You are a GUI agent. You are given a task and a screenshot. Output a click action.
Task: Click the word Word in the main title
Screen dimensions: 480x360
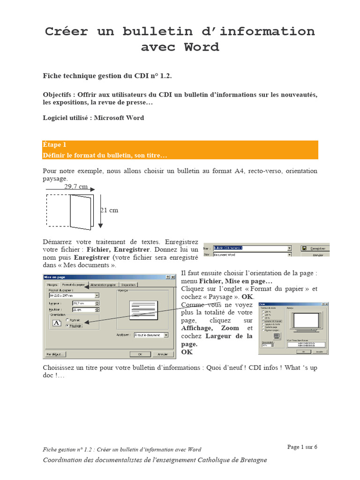[x=201, y=47]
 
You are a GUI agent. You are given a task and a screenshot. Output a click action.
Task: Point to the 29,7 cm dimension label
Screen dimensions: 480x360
[x=76, y=187]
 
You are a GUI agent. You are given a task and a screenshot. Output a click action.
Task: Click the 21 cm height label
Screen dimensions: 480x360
[x=109, y=210]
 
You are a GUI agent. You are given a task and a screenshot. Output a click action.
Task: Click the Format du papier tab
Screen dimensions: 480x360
[x=74, y=285]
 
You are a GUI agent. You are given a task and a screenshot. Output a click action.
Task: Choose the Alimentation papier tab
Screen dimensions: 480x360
[x=103, y=285]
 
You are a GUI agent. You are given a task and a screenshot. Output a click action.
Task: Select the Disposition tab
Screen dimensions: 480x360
[x=128, y=285]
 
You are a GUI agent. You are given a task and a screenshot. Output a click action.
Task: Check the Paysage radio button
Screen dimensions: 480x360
[x=67, y=326]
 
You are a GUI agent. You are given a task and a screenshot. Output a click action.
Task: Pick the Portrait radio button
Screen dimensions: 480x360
[x=67, y=320]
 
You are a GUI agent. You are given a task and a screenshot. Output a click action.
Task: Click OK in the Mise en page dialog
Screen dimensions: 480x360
[x=140, y=354]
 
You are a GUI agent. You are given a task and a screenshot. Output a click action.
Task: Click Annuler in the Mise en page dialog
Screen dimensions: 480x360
[x=162, y=354]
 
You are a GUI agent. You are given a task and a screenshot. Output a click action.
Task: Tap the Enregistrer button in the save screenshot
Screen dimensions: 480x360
[x=318, y=248]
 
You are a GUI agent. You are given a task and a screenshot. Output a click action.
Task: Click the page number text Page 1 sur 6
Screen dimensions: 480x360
[x=302, y=447]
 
